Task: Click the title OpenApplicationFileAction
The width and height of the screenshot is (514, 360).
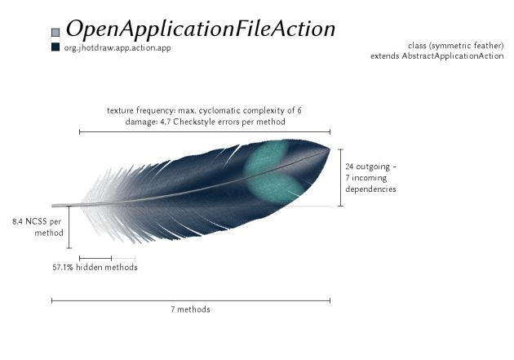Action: click(x=201, y=29)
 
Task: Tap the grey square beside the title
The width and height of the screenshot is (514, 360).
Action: click(x=55, y=32)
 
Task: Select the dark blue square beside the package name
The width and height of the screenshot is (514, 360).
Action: click(x=55, y=47)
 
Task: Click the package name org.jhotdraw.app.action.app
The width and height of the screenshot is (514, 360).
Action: click(x=117, y=48)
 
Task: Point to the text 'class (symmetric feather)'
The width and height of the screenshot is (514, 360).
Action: click(x=455, y=45)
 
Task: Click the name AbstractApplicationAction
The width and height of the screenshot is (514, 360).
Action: click(x=453, y=56)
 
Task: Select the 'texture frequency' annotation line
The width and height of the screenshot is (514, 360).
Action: click(x=204, y=110)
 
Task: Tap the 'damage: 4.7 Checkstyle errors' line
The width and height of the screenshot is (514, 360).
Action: click(x=206, y=122)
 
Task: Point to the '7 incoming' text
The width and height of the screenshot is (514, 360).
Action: click(x=366, y=178)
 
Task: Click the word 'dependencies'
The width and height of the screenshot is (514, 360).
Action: click(x=370, y=189)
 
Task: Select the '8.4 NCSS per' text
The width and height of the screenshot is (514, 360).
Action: click(x=37, y=222)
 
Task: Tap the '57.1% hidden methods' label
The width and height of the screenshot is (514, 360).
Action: click(x=95, y=267)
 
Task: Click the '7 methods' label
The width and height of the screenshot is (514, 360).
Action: click(x=190, y=309)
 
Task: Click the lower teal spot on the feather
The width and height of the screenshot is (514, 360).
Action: click(x=275, y=189)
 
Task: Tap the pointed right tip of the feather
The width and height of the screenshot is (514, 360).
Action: click(x=330, y=149)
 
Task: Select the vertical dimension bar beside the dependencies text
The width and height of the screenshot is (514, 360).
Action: click(x=341, y=177)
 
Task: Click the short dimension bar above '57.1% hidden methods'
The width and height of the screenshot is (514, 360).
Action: click(x=95, y=258)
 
